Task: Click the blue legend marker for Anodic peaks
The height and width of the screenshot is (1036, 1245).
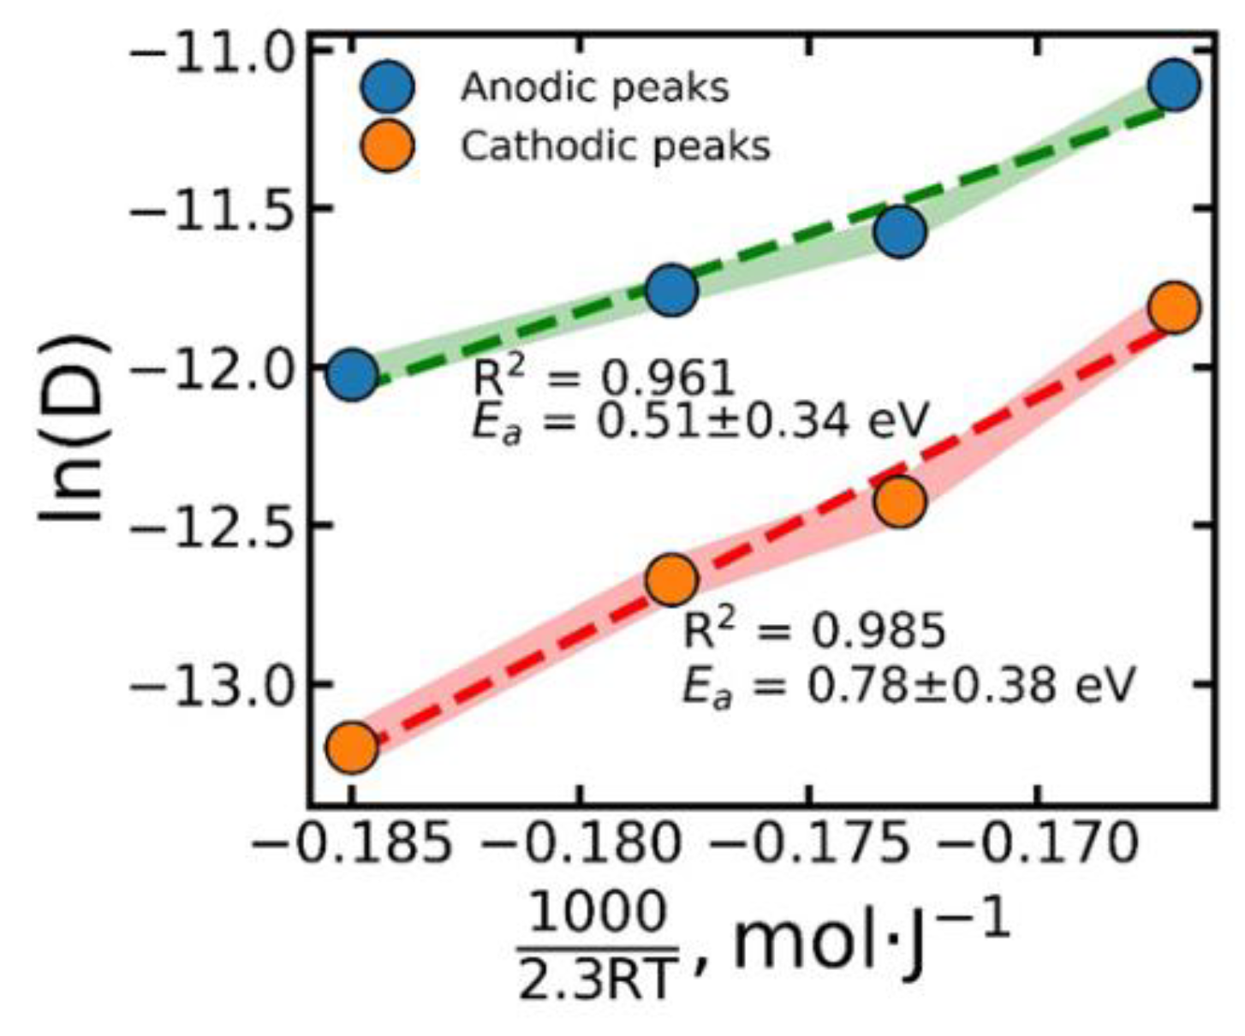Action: [387, 86]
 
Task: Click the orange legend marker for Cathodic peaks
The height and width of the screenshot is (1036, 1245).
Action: [387, 146]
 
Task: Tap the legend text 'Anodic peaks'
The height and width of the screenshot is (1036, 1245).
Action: [594, 86]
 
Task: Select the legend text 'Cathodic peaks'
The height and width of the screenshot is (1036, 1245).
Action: [615, 146]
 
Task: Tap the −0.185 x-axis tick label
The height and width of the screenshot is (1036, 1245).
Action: [352, 845]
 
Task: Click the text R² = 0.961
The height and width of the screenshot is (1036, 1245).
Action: [604, 377]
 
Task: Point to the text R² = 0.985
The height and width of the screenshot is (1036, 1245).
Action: [813, 630]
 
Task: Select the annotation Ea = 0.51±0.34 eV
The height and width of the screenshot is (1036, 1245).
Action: [700, 421]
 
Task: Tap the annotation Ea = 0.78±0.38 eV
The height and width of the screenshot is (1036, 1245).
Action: [908, 685]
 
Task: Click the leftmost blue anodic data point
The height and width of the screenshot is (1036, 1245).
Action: [352, 374]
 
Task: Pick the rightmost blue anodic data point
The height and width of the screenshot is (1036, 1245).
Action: [1175, 85]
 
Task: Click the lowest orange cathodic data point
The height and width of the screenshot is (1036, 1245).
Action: [352, 747]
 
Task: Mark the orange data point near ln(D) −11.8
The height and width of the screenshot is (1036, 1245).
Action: [1175, 307]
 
